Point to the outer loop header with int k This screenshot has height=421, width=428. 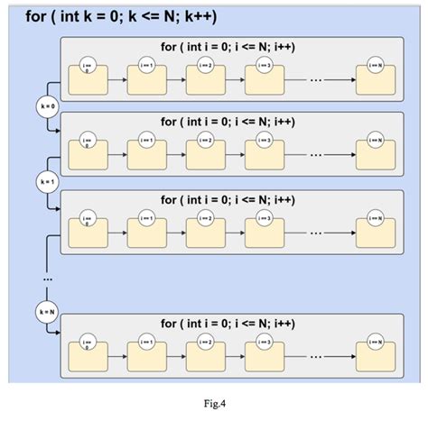pos(122,17)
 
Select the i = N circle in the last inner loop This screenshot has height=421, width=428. pos(377,342)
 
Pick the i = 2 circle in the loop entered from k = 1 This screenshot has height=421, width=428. pos(205,219)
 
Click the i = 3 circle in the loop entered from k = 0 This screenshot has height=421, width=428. pos(264,141)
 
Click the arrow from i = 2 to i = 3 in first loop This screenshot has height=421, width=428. pos(234,80)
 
